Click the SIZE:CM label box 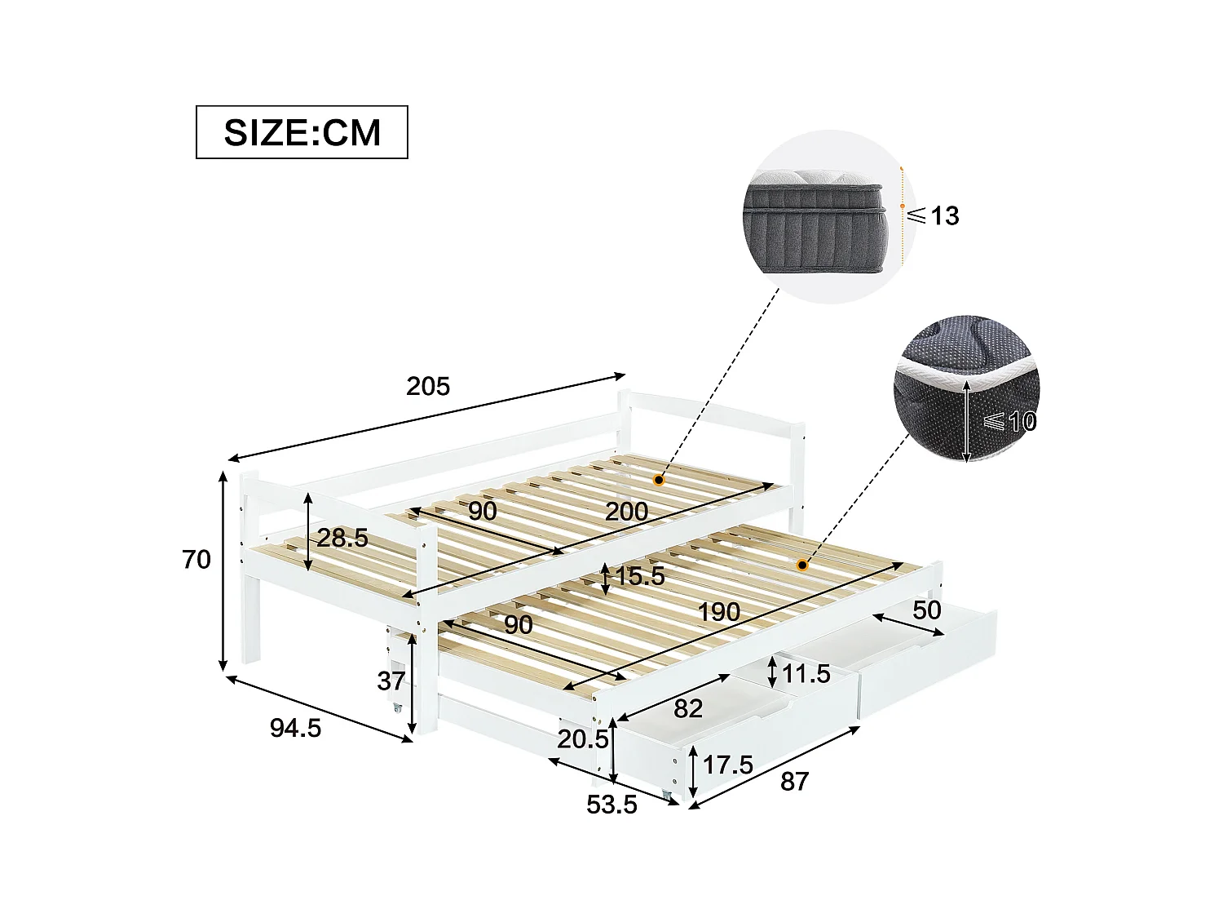302,132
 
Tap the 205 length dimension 428,386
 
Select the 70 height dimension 196,560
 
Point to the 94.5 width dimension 296,728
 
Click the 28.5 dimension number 342,538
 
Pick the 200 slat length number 626,512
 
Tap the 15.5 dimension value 640,577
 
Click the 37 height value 392,681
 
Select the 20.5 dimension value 584,739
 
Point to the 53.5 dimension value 611,805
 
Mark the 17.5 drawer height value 728,765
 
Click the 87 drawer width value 795,781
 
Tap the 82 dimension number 688,708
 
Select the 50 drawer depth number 927,610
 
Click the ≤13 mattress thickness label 934,216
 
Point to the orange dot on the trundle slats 802,565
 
